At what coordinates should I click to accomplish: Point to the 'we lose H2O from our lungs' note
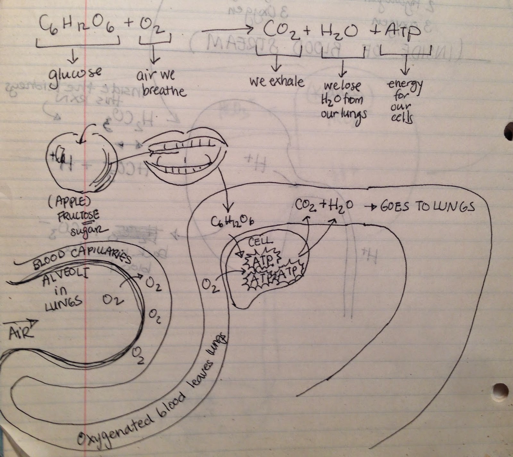point(343,99)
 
